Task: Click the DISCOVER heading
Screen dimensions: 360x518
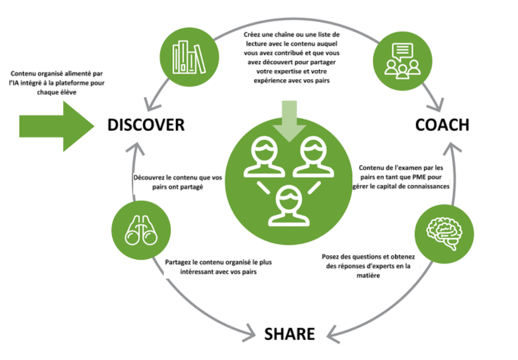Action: (146, 125)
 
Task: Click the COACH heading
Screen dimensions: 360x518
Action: (443, 125)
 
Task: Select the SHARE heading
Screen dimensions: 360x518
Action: (290, 334)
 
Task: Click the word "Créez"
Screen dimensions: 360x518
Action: (253, 35)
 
